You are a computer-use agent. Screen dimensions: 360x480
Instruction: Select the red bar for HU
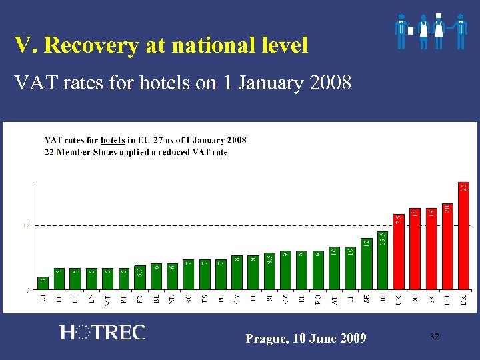click(447, 247)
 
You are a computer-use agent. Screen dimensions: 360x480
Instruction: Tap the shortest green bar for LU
click(43, 283)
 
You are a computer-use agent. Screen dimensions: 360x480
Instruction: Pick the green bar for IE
click(383, 260)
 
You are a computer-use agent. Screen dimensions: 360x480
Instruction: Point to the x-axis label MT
click(108, 301)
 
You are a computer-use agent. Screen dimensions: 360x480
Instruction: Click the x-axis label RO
click(318, 299)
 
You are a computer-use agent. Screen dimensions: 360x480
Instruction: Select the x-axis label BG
click(189, 299)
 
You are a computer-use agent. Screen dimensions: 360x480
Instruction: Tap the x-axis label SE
click(367, 299)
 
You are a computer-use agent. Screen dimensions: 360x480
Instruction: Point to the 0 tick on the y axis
click(28, 289)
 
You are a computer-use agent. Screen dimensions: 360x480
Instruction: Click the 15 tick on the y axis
click(27, 225)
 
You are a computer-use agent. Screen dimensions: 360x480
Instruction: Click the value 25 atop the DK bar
click(463, 189)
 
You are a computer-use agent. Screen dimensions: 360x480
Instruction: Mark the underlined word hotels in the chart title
click(113, 140)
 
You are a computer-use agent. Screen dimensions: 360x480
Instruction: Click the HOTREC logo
click(102, 332)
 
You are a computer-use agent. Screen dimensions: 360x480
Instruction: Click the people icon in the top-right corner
click(430, 31)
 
